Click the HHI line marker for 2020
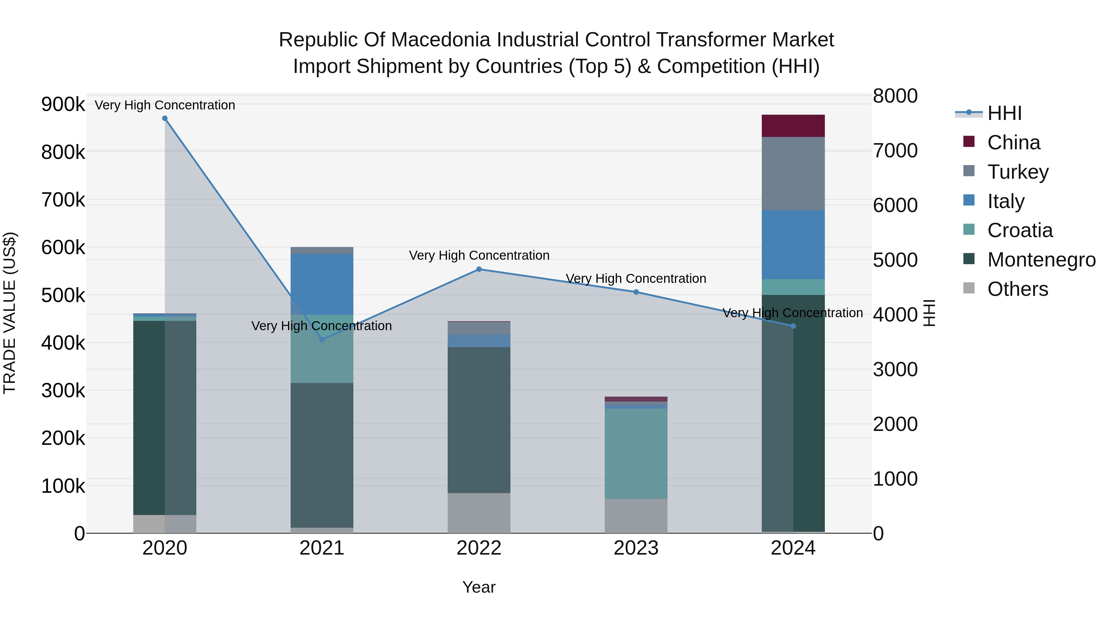coord(164,118)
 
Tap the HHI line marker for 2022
coord(479,269)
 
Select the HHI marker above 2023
coord(636,292)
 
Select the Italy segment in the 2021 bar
coord(322,284)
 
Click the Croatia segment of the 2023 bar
coord(636,454)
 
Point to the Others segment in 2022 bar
coord(479,513)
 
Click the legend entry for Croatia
coord(1020,230)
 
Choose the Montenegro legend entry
coord(1041,260)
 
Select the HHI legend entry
coord(1004,113)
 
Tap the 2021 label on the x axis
coord(322,548)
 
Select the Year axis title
coord(479,587)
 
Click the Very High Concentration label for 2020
coord(164,105)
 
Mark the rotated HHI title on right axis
coord(929,313)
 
